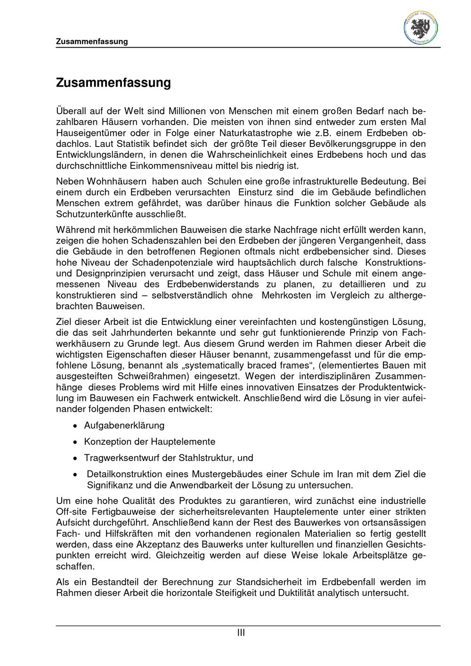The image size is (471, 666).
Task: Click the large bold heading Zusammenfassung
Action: click(113, 83)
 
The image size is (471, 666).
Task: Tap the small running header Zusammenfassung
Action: click(92, 41)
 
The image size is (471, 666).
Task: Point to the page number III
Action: click(241, 633)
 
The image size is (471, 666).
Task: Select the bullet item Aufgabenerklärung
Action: click(124, 425)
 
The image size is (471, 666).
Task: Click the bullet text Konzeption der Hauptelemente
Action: click(149, 442)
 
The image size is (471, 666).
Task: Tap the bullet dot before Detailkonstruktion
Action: click(75, 474)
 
